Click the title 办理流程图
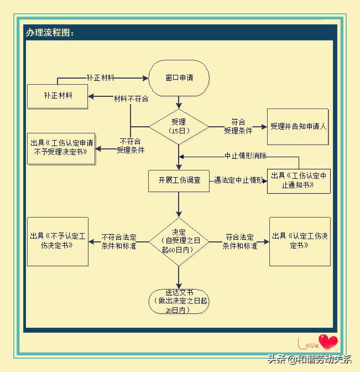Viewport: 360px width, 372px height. [x=50, y=33]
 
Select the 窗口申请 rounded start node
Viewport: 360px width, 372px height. [x=179, y=77]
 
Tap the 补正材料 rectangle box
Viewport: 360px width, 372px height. [x=58, y=96]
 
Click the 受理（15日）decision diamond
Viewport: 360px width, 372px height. [x=178, y=126]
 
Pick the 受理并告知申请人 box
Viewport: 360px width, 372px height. [x=299, y=126]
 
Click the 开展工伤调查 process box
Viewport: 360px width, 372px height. [x=179, y=180]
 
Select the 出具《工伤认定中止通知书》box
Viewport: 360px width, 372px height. [x=299, y=181]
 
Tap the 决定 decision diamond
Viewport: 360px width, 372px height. [x=179, y=241]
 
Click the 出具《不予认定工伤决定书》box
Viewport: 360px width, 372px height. [x=58, y=241]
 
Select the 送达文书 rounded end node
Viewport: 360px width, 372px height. [x=179, y=301]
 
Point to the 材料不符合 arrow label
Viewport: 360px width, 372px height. [x=131, y=99]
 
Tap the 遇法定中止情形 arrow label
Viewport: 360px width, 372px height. [x=238, y=180]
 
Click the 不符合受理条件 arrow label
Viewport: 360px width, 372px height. [x=131, y=146]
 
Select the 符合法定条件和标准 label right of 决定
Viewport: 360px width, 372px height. [x=239, y=241]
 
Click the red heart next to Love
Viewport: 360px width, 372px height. [x=328, y=342]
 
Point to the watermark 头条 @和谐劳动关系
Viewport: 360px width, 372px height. [x=309, y=359]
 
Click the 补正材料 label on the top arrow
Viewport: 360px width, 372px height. [x=100, y=78]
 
